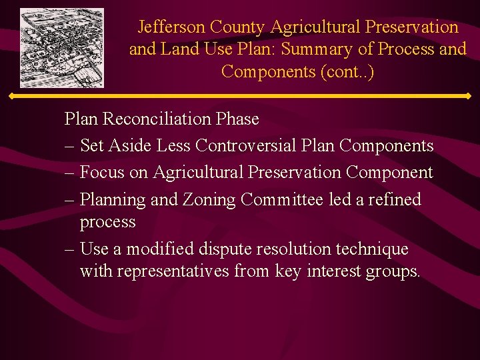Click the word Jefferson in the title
pos(171,27)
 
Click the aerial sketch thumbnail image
pos(62,48)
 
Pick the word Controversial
pos(253,146)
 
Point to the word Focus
pos(101,173)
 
